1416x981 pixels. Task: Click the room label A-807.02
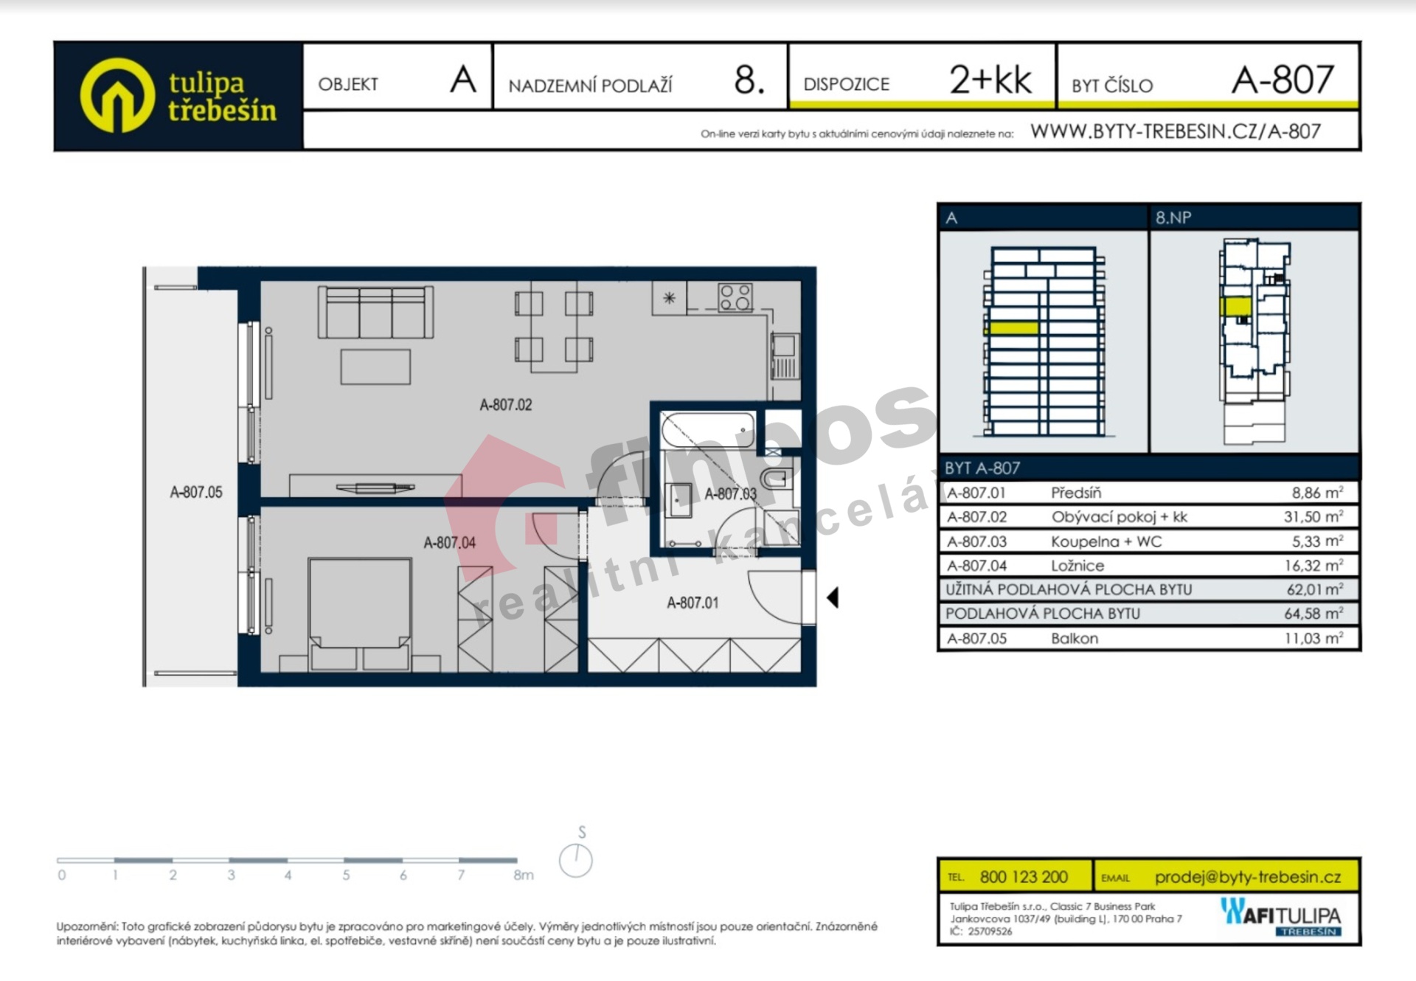tap(506, 404)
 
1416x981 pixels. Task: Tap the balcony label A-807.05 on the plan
tap(196, 492)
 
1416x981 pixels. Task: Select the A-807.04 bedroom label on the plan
tap(449, 543)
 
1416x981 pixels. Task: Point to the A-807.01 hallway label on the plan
tap(693, 603)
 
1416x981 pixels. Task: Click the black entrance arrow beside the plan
tap(833, 597)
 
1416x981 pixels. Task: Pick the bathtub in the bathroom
tap(708, 429)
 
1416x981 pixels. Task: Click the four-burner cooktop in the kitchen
tap(735, 297)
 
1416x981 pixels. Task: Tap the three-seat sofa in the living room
tap(375, 312)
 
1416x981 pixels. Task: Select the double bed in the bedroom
tap(359, 614)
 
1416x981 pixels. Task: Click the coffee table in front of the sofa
tap(375, 367)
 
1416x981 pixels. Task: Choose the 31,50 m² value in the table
tap(1313, 516)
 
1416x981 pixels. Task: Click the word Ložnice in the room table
tap(1077, 566)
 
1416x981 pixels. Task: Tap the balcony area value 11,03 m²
tap(1313, 638)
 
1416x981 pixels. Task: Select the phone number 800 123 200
tap(1024, 877)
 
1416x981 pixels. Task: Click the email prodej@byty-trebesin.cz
tap(1248, 877)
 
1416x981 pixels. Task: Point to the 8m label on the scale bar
tap(524, 875)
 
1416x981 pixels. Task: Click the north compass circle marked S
tap(575, 861)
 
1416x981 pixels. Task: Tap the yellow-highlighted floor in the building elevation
tap(1013, 327)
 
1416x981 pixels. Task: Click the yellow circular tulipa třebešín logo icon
tap(117, 95)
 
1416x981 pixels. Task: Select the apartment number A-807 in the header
tap(1283, 79)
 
